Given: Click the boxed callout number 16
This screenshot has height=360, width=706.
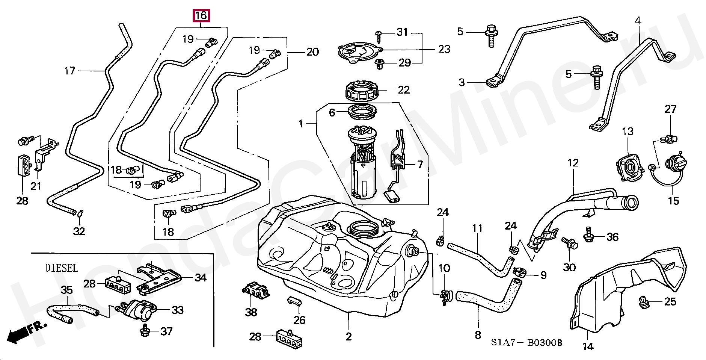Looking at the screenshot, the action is pyautogui.click(x=201, y=15).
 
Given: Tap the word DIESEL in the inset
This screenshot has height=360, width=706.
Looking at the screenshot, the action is pyautogui.click(x=62, y=268).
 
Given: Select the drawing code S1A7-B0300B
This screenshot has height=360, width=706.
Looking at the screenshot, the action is pyautogui.click(x=526, y=343).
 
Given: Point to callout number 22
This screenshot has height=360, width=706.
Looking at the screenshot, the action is pyautogui.click(x=404, y=90).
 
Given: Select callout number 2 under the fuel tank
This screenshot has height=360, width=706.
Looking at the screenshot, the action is pyautogui.click(x=348, y=336).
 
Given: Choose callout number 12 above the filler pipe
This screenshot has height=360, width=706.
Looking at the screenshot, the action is pyautogui.click(x=573, y=163).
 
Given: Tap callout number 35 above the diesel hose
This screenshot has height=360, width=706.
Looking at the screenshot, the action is pyautogui.click(x=66, y=290).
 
